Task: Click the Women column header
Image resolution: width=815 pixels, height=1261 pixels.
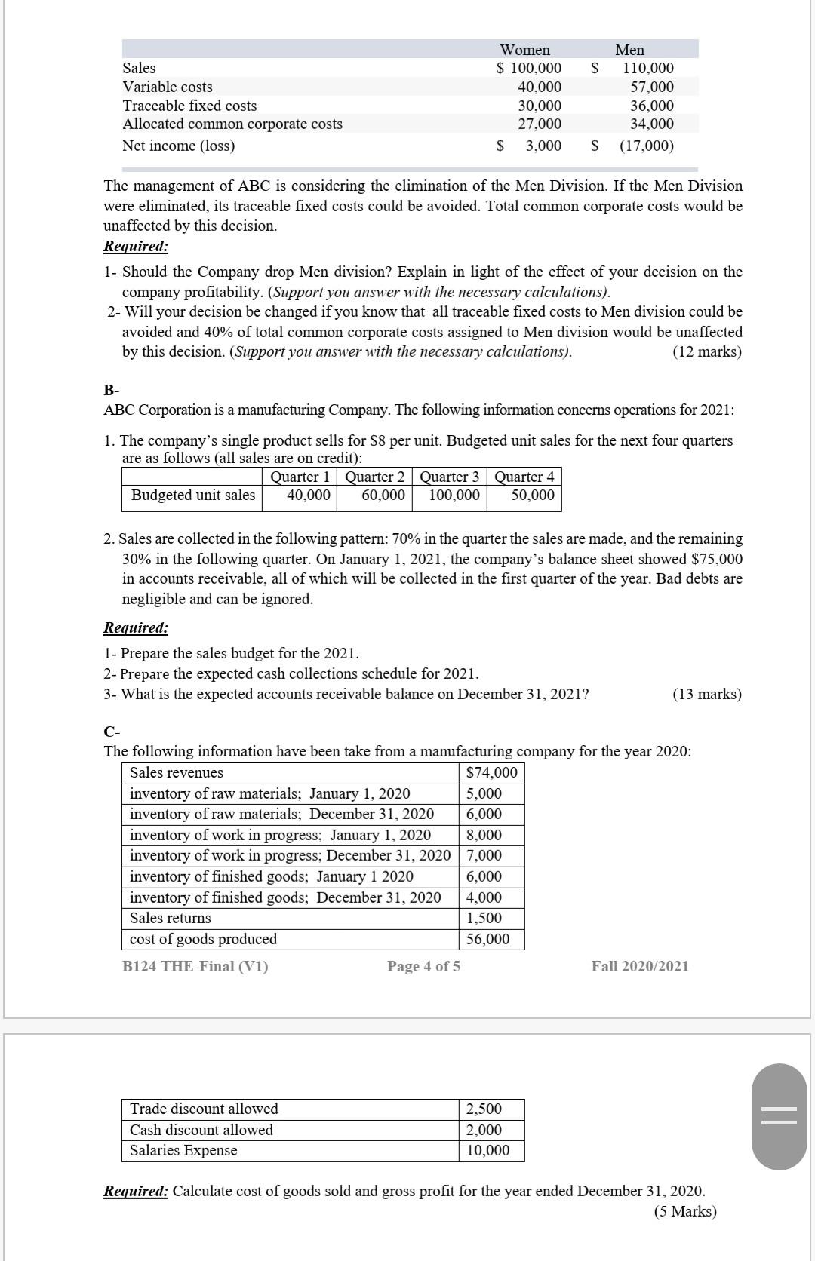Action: (x=525, y=50)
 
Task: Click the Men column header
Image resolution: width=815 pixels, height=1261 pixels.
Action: (x=629, y=50)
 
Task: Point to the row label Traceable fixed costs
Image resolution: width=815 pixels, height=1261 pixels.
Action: (x=189, y=106)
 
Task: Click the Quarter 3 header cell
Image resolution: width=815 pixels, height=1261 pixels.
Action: (x=449, y=477)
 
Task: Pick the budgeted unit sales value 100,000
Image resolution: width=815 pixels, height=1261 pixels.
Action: (x=454, y=496)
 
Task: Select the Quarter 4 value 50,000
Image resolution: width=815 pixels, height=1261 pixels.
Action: (x=532, y=496)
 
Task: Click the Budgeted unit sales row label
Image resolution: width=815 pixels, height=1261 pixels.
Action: (x=193, y=496)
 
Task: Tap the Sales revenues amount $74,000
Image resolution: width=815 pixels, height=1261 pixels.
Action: (x=492, y=772)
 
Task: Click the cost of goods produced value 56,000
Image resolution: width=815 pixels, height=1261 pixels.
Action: (x=487, y=939)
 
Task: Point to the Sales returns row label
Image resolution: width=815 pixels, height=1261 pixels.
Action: (x=171, y=918)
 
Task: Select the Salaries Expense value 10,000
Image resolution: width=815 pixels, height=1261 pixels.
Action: (x=487, y=1150)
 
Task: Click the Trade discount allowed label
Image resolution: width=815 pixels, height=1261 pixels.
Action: (x=204, y=1109)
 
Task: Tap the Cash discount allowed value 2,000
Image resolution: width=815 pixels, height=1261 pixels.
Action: (x=484, y=1130)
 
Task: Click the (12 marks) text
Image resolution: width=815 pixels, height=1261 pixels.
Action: (x=706, y=352)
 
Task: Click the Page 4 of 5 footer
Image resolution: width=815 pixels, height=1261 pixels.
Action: (x=423, y=966)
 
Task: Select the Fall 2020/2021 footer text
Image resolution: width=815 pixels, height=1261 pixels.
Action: (x=640, y=966)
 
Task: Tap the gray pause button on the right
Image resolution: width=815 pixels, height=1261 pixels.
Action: (x=779, y=1116)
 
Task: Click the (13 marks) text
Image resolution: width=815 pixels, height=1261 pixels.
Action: (x=706, y=694)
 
